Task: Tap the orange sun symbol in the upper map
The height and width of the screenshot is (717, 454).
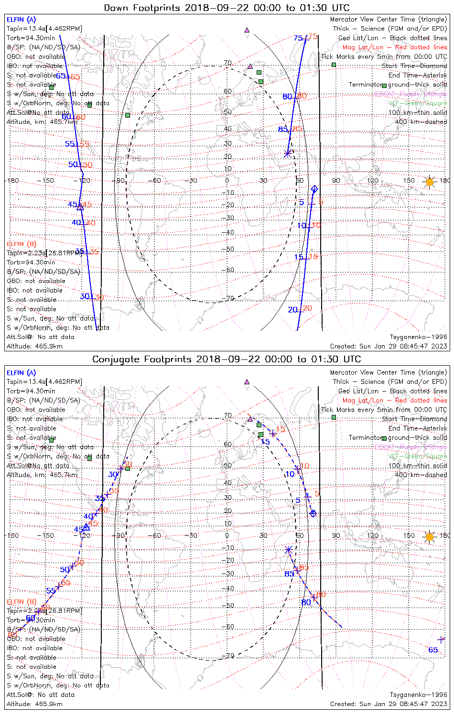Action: (x=430, y=182)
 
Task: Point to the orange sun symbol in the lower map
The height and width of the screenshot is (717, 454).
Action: (x=430, y=537)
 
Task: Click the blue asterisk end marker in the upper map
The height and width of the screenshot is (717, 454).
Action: (x=288, y=153)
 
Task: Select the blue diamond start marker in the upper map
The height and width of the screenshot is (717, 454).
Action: (x=314, y=189)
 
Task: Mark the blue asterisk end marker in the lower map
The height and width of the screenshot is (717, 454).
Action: (x=288, y=550)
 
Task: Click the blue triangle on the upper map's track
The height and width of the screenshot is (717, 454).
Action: (x=80, y=206)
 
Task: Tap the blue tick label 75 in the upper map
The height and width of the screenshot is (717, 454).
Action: (x=298, y=38)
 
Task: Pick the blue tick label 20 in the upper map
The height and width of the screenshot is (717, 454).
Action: (x=292, y=310)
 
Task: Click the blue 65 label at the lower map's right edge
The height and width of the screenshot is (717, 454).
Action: (x=433, y=650)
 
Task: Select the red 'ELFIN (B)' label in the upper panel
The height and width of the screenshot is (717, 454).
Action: (x=22, y=244)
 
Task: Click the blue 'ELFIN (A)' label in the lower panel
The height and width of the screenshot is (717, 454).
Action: (x=22, y=373)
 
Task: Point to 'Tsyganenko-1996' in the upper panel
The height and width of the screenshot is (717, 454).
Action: (x=418, y=337)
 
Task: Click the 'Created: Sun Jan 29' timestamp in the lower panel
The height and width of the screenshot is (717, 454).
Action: (x=389, y=704)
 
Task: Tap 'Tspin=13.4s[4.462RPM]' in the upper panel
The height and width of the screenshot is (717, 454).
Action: (x=44, y=29)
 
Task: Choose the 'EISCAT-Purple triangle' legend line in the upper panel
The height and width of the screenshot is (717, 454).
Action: (x=411, y=94)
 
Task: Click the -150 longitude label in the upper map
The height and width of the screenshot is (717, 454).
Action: (x=48, y=181)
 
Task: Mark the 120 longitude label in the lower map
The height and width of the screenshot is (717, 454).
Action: (x=372, y=535)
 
